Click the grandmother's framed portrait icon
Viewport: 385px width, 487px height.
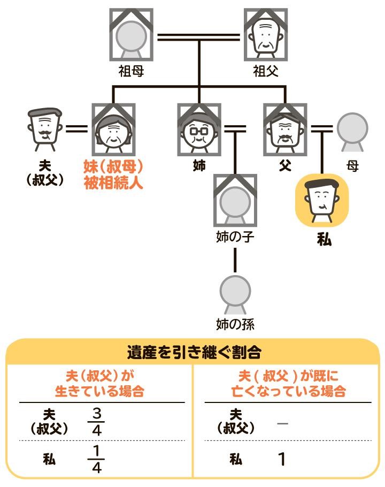[x=132, y=35]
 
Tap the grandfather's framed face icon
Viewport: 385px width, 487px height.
[x=266, y=35]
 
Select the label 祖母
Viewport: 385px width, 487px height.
[x=132, y=71]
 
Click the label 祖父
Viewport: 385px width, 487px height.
[x=266, y=71]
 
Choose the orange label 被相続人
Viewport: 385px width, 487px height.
[x=113, y=182]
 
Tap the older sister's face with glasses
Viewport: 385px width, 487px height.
[x=199, y=130]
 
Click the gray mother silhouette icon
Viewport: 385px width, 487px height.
[x=352, y=131]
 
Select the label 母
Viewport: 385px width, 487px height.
[x=352, y=166]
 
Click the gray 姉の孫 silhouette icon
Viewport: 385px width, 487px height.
[x=235, y=294]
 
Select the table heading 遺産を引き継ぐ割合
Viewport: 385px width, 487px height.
[x=194, y=353]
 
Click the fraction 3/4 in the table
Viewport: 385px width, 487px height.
[x=96, y=422]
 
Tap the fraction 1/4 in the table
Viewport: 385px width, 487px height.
[x=96, y=459]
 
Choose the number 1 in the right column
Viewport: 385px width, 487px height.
[x=282, y=459]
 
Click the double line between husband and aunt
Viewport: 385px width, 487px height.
[x=77, y=129]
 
